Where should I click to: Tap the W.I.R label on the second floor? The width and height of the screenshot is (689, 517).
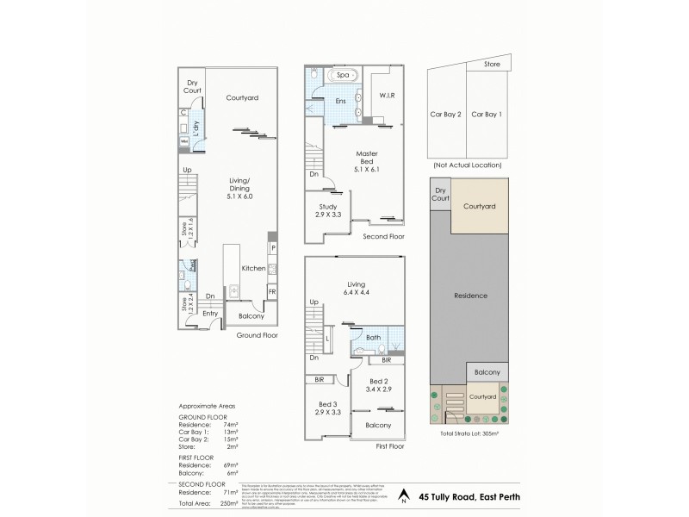[x=386, y=96]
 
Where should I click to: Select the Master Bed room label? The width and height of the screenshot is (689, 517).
[x=368, y=159]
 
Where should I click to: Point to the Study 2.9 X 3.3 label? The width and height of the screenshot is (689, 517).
[x=326, y=212]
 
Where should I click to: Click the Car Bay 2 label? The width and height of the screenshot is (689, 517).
[x=447, y=115]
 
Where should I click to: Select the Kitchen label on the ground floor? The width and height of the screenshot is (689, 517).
[x=252, y=269]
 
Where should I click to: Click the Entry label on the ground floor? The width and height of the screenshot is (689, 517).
[x=210, y=314]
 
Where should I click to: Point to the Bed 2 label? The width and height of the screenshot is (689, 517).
[x=380, y=384]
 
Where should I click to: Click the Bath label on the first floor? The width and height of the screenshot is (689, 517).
[x=373, y=338]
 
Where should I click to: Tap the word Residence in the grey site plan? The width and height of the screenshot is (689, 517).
[x=471, y=296]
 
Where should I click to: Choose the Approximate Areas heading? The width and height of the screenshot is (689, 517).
[x=207, y=405]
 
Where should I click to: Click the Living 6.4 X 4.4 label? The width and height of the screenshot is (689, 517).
[x=356, y=288]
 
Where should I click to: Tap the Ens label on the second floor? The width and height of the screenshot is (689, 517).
[x=341, y=102]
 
